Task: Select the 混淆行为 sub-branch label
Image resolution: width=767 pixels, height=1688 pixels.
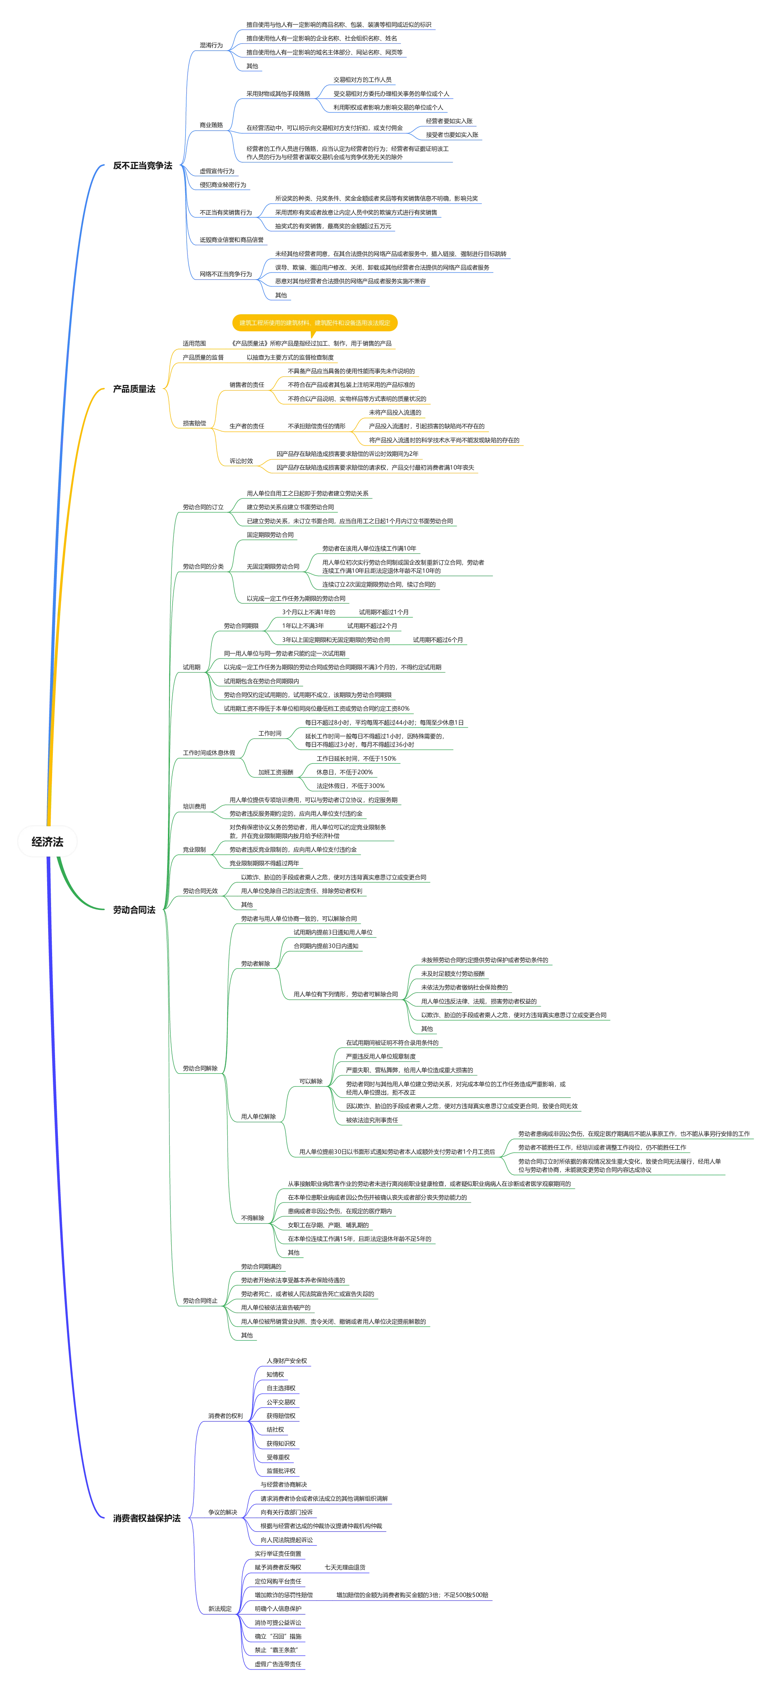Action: [x=211, y=45]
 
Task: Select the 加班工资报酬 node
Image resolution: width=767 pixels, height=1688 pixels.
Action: [x=276, y=772]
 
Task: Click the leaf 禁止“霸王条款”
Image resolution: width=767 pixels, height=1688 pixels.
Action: [x=276, y=1650]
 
